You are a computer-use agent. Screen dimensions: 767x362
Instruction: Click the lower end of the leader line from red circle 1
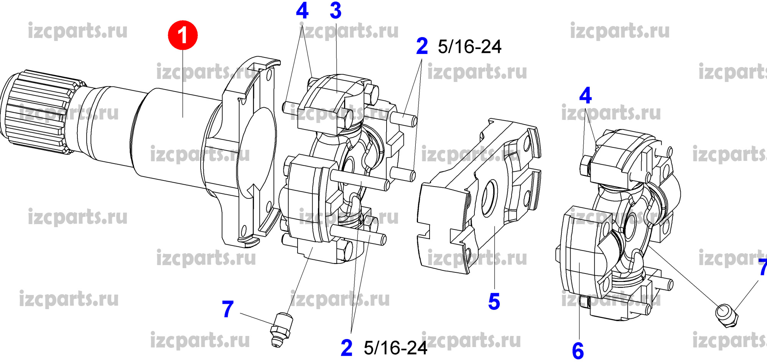[183, 117]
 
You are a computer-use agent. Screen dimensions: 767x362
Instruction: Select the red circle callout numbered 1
[183, 35]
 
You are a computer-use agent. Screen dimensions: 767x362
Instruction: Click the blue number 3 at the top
[336, 11]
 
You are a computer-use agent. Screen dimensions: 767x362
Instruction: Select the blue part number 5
[494, 301]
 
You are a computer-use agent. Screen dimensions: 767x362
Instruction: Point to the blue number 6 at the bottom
[578, 351]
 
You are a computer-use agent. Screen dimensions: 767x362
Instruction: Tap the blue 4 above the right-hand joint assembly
[586, 95]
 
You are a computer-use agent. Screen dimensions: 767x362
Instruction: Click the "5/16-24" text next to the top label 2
[469, 47]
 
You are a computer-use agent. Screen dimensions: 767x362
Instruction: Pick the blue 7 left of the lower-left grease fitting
[228, 309]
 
